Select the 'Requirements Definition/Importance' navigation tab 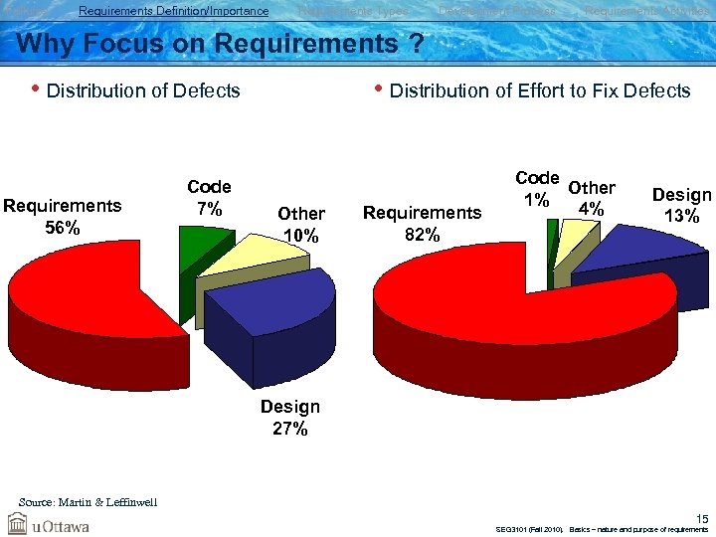point(173,11)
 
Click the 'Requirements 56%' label point(62,216)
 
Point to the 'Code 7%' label point(209,197)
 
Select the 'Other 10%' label point(300,224)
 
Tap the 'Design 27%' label point(289,418)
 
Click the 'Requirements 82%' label point(422,223)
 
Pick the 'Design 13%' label point(681,205)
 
